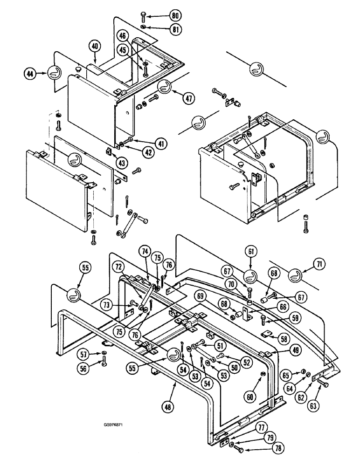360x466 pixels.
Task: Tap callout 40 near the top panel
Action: (95, 46)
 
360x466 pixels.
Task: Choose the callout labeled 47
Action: (188, 99)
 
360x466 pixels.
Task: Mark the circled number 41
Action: (161, 144)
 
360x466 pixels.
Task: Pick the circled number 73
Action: (109, 305)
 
